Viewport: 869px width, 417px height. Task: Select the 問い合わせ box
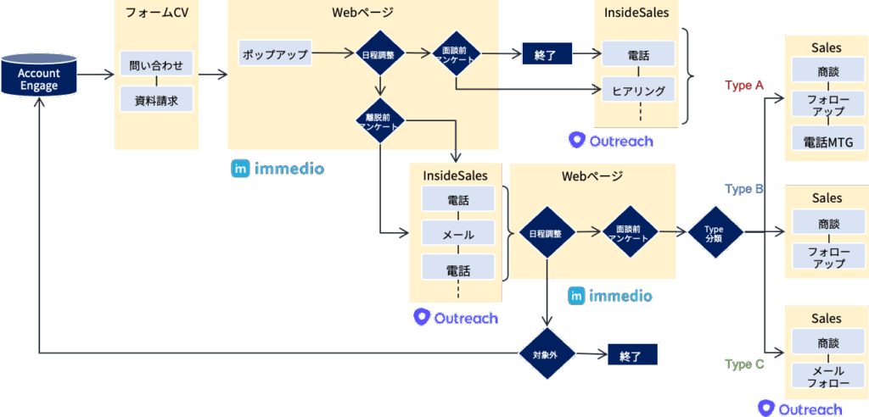click(x=157, y=64)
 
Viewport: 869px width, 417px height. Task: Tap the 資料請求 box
click(x=157, y=100)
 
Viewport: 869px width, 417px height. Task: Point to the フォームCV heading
click(x=157, y=14)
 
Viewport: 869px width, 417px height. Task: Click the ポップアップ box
click(x=275, y=53)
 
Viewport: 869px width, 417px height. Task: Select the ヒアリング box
click(x=637, y=89)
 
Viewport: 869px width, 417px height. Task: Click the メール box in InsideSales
click(x=457, y=234)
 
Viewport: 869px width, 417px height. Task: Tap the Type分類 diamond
click(x=715, y=231)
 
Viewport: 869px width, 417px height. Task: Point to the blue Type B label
click(x=744, y=189)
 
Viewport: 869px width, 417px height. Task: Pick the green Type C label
click(x=744, y=364)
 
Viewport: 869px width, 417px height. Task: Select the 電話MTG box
click(x=827, y=141)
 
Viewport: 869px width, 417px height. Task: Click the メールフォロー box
click(x=827, y=376)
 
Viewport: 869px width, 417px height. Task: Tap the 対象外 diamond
click(x=547, y=354)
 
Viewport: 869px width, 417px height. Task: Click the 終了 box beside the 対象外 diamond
click(x=632, y=354)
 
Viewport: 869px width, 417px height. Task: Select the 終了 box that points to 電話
click(x=547, y=54)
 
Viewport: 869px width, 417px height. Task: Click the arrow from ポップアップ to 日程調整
click(x=334, y=53)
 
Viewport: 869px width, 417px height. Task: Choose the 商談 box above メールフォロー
click(x=827, y=343)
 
